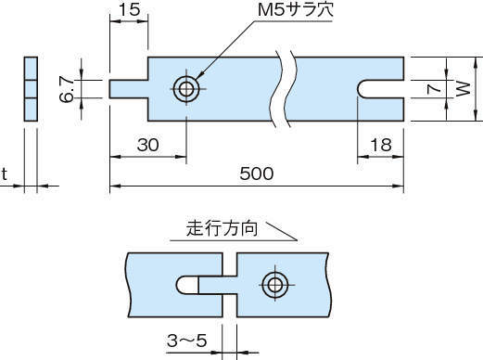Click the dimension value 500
[x=257, y=174]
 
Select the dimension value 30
[x=148, y=145]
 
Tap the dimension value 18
[x=381, y=145]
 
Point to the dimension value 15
[x=129, y=9]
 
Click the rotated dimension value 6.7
[x=67, y=89]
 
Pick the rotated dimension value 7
[x=433, y=89]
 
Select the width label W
[x=464, y=89]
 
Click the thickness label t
[x=4, y=174]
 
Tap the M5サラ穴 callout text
[x=296, y=10]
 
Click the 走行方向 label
[x=222, y=229]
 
